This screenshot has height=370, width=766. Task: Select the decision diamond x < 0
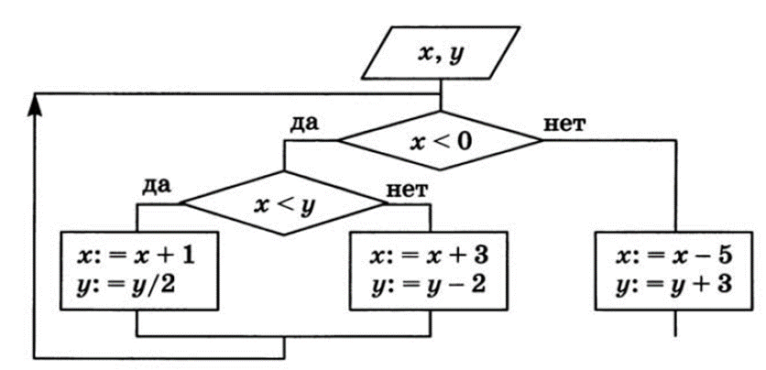click(x=441, y=142)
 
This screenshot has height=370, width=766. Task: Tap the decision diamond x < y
click(x=284, y=204)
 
